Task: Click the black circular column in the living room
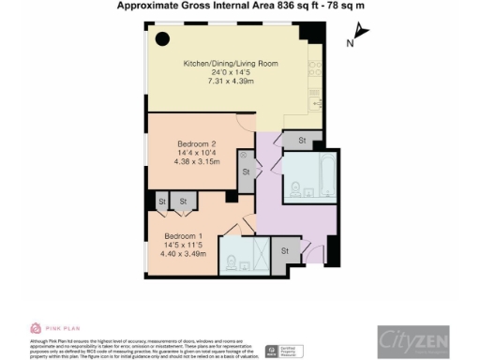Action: coord(162,39)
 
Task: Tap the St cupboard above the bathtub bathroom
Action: coord(302,140)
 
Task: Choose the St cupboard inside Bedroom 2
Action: coord(246,172)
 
